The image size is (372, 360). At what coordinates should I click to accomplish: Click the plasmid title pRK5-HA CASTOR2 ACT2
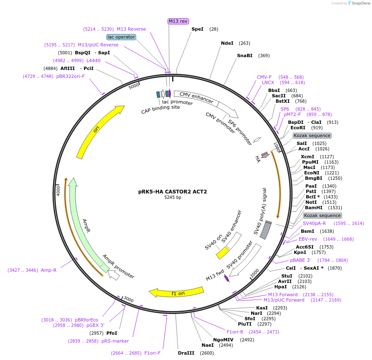[173, 192]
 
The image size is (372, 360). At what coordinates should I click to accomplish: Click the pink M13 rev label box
[178, 21]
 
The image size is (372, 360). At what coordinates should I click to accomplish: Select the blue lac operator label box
[121, 37]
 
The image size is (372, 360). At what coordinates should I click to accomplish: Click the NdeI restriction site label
[227, 43]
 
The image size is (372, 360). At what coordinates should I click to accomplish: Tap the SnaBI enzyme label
[245, 56]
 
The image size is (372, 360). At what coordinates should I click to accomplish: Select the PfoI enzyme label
[112, 333]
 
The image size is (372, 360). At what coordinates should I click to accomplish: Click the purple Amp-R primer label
[48, 270]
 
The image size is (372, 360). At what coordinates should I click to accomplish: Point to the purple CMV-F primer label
[264, 77]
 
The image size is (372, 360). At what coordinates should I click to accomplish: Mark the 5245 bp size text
[173, 198]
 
